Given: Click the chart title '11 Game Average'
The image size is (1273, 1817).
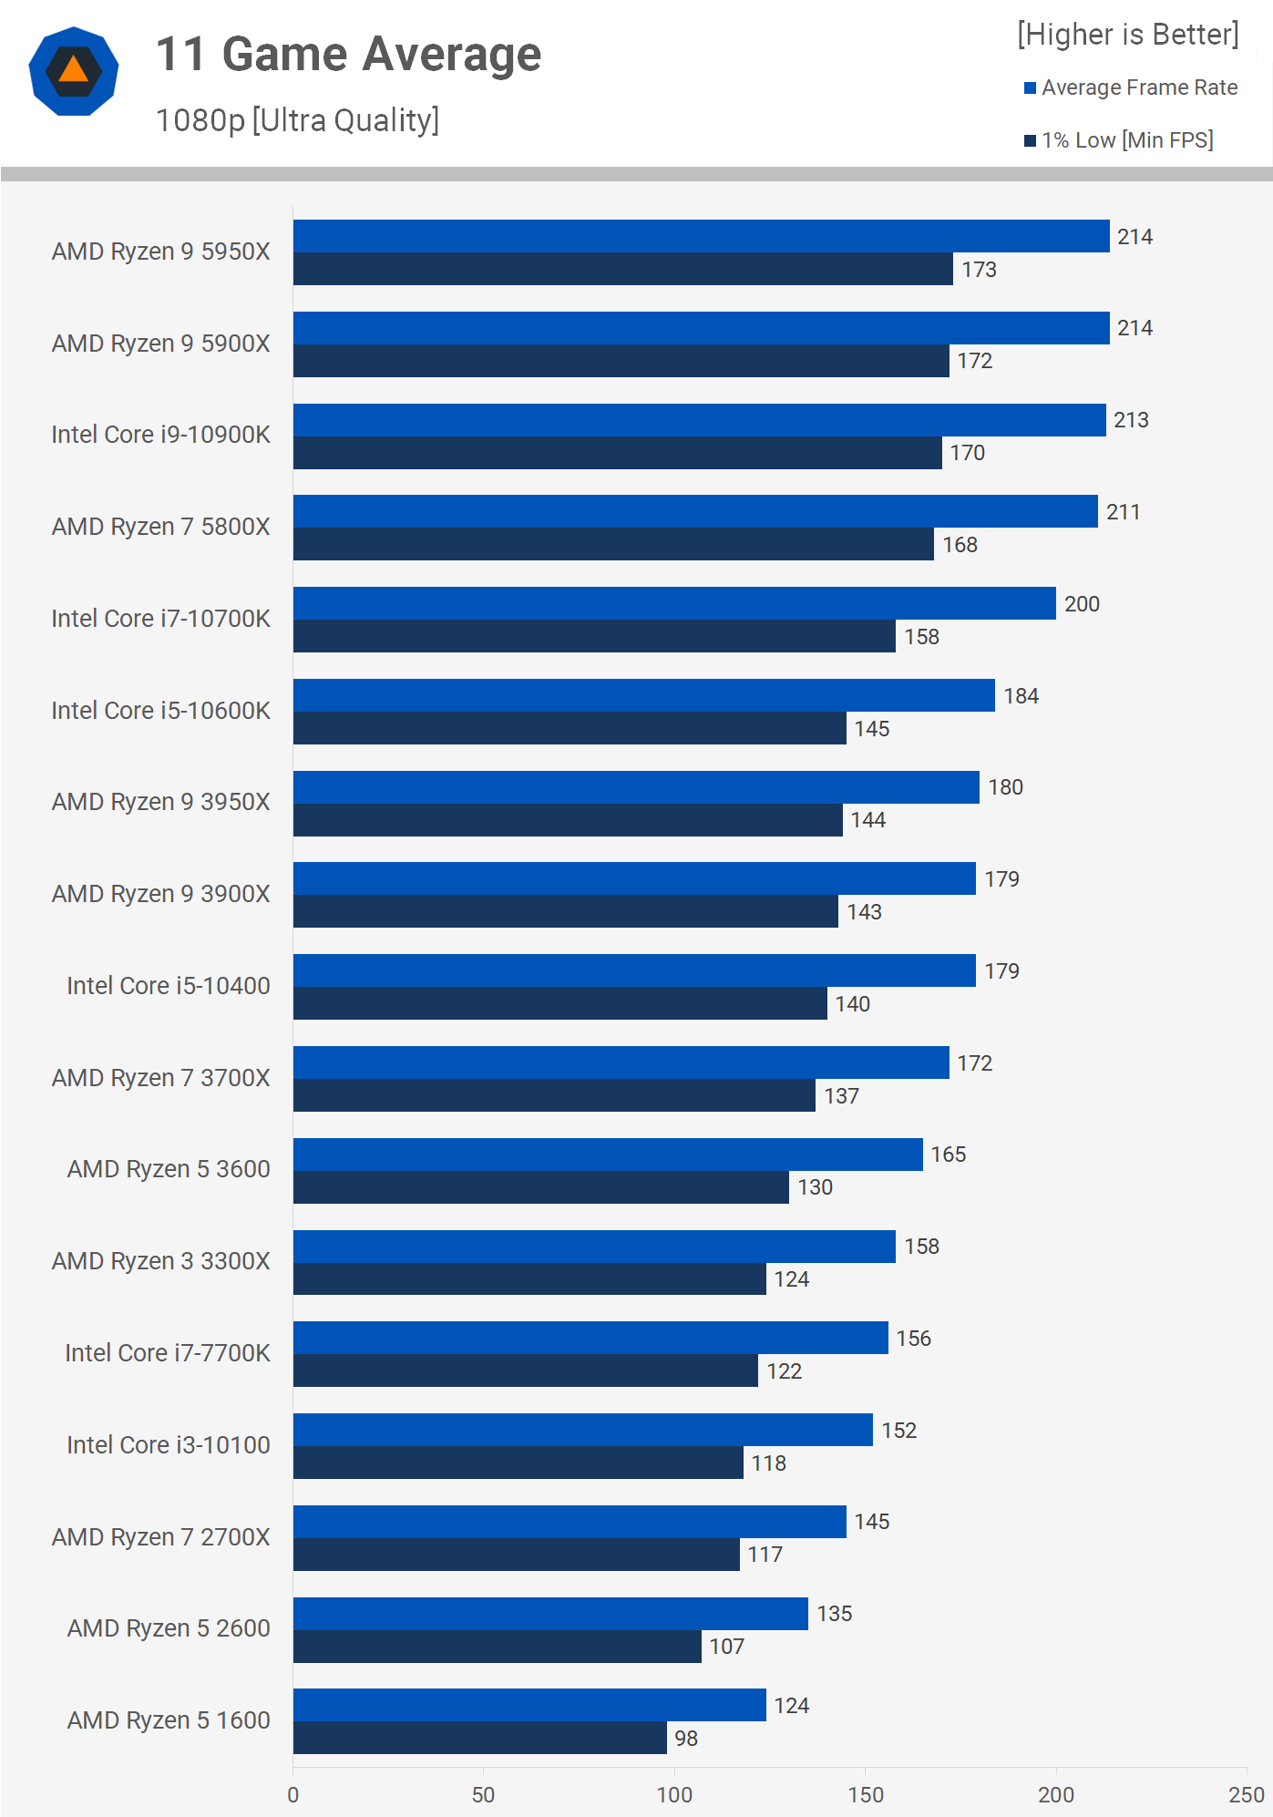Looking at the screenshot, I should (x=348, y=55).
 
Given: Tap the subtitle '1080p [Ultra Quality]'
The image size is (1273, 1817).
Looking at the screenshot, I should (x=297, y=120).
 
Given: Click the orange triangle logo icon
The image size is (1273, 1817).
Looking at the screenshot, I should (x=74, y=70).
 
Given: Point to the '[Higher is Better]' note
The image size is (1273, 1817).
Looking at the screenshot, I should (x=1127, y=35).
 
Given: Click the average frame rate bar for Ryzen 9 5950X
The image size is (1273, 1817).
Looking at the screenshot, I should (x=701, y=236).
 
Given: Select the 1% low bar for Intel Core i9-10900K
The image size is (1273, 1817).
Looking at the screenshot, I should (x=617, y=453).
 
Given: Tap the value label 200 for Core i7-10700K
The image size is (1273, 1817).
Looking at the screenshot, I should (x=1082, y=604).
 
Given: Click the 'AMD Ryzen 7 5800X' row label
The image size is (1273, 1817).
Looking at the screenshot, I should (x=161, y=527).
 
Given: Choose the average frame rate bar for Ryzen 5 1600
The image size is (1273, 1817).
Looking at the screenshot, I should (x=529, y=1705).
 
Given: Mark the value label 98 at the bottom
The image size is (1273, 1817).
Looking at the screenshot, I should (x=686, y=1739).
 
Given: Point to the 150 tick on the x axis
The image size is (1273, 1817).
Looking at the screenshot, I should (x=866, y=1794).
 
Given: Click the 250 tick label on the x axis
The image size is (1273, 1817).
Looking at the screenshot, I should (x=1246, y=1794).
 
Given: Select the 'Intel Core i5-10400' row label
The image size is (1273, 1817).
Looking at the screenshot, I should (x=169, y=986).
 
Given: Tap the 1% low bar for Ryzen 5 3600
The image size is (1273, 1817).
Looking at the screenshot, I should (x=540, y=1187).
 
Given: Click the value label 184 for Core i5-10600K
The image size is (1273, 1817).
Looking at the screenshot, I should (x=1021, y=696).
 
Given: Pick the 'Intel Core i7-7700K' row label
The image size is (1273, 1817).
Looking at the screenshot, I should (x=168, y=1353).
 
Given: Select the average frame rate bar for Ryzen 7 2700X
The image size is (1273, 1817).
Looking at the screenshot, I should (x=570, y=1522).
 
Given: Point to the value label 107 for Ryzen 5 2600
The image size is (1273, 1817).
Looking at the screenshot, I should (x=726, y=1647).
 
